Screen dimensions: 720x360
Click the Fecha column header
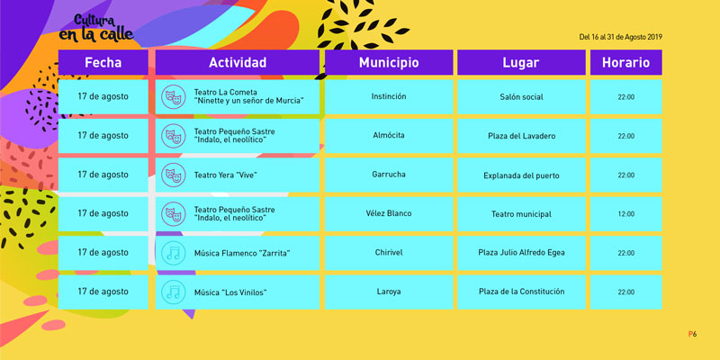pos(103,62)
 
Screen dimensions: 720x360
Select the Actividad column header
pos(238,62)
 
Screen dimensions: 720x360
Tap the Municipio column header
pos(389,62)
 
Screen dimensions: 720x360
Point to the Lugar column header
pos(521,62)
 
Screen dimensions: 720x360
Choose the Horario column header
pos(625,62)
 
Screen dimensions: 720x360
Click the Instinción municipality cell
pos(389,97)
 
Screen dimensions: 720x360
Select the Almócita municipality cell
pos(389,136)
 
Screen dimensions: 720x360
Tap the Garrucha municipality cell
pos(389,175)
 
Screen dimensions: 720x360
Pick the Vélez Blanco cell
pos(389,214)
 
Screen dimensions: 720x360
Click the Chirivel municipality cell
pos(389,253)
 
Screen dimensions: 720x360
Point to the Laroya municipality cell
pos(389,292)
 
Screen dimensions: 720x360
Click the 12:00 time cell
pos(625,214)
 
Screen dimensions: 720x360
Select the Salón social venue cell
pos(521,97)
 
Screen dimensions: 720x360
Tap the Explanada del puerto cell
pos(521,175)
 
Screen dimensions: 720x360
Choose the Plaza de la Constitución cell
pos(521,292)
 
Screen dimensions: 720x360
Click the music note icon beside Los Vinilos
pos(173,292)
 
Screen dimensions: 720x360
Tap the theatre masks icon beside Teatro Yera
pos(173,175)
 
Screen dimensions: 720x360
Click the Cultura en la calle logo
pos(96,29)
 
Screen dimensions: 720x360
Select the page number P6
pos(692,334)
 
